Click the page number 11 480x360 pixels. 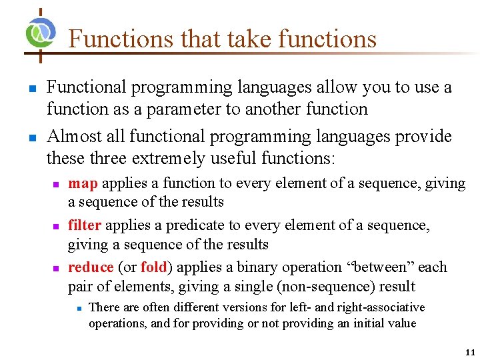470,353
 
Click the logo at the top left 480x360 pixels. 41,33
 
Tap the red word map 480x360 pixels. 83,183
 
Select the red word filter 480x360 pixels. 85,225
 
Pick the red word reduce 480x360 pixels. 91,267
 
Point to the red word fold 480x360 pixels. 153,267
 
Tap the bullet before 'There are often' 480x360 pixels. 78,308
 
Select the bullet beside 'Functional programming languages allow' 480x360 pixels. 31,88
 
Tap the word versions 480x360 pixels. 230,307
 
